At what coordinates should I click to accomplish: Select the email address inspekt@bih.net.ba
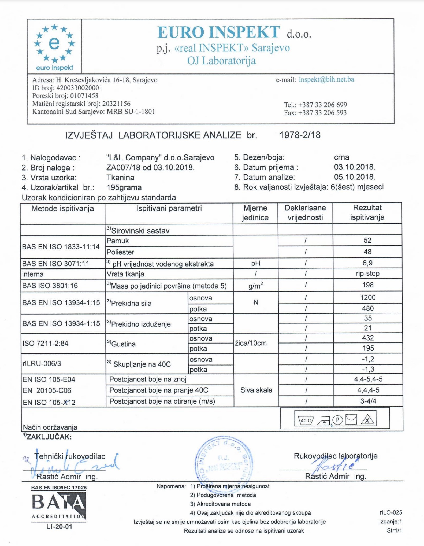(326, 79)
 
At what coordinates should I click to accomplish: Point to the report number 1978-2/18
(300, 135)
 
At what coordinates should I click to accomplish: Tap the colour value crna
(341, 157)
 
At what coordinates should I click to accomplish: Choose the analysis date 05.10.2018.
(354, 177)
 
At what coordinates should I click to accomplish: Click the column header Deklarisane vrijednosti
(305, 212)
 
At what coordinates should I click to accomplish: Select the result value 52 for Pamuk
(367, 240)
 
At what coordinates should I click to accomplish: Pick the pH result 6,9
(367, 263)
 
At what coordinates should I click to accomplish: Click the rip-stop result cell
(367, 274)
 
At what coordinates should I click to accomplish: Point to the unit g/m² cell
(256, 286)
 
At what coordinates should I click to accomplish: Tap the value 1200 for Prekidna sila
(368, 297)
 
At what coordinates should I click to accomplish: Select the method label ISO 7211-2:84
(45, 343)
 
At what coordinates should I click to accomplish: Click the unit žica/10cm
(251, 343)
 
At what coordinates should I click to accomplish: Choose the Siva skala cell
(256, 390)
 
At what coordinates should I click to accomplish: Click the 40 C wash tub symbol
(306, 420)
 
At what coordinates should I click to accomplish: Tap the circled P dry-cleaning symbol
(338, 420)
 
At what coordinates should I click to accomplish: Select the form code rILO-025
(390, 512)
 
